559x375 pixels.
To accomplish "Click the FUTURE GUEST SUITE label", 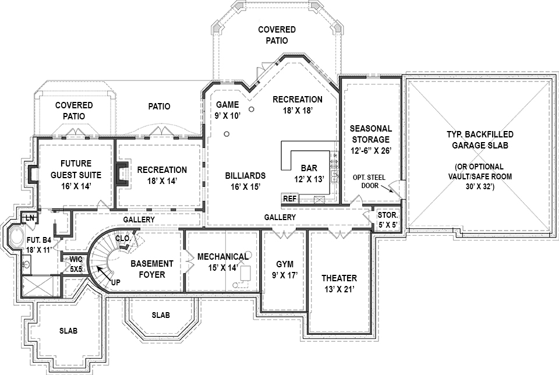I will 76,169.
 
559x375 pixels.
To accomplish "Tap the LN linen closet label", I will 27,218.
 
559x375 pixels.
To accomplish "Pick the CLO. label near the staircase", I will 123,238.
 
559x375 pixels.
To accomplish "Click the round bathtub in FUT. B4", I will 16,239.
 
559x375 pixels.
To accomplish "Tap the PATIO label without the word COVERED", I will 159,107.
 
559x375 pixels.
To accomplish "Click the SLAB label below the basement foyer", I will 161,315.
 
